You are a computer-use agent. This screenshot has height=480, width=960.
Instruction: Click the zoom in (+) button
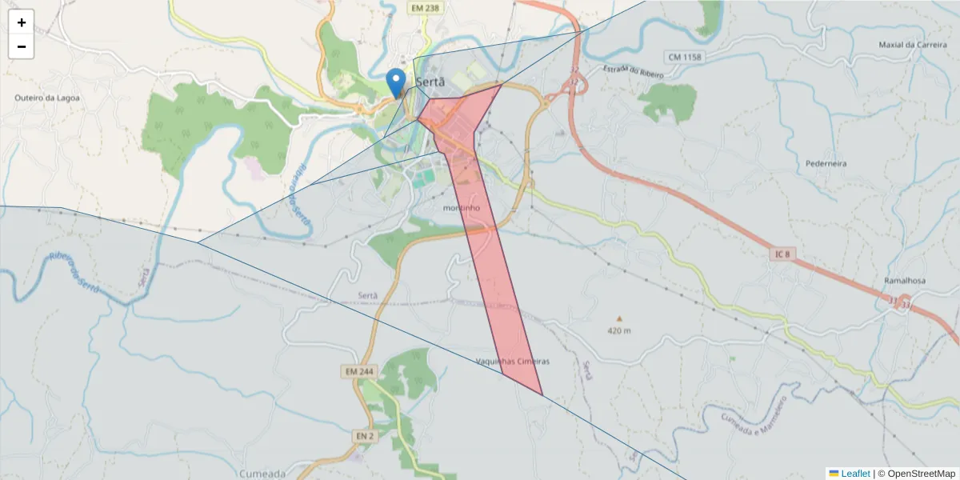pyautogui.click(x=21, y=22)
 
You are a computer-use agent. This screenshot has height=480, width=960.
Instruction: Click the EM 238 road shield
pyautogui.click(x=424, y=7)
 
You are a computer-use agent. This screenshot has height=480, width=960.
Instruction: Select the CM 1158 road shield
pyautogui.click(x=683, y=57)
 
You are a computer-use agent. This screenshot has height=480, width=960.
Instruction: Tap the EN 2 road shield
pyautogui.click(x=363, y=435)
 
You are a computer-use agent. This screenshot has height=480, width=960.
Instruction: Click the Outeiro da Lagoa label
pyautogui.click(x=46, y=98)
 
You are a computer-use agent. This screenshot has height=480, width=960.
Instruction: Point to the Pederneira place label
pyautogui.click(x=826, y=163)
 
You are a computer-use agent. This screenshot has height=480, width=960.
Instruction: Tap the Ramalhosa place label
pyautogui.click(x=906, y=282)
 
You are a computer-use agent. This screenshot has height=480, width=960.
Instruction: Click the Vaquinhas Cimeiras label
pyautogui.click(x=513, y=361)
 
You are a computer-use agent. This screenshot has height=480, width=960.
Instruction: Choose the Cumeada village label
pyautogui.click(x=262, y=473)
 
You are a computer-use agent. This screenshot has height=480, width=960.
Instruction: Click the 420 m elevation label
pyautogui.click(x=619, y=330)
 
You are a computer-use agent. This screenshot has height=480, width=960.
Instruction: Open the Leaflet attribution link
pyautogui.click(x=855, y=474)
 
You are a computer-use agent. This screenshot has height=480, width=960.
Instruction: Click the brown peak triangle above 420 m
pyautogui.click(x=618, y=318)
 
